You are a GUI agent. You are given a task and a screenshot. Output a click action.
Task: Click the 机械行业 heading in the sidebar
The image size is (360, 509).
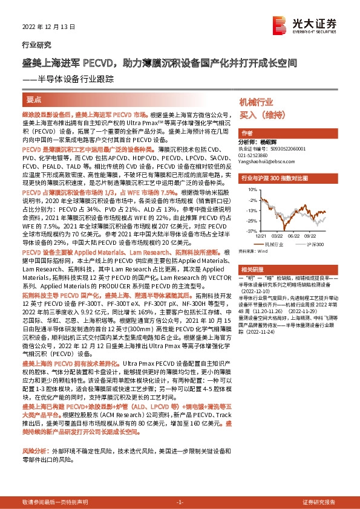[257, 102]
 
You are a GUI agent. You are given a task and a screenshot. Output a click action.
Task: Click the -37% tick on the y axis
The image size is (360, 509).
[249, 231]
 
